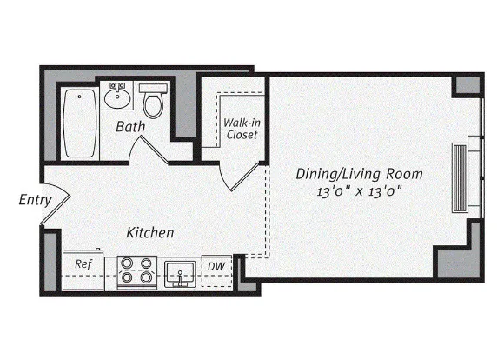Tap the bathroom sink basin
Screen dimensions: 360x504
click(x=116, y=98)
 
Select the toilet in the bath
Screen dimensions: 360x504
click(x=154, y=103)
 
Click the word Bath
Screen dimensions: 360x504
click(x=130, y=128)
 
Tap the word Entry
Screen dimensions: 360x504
click(x=35, y=201)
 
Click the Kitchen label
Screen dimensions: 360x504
click(x=150, y=233)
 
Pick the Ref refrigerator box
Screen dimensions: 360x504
click(x=83, y=266)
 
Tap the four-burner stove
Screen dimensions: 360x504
click(x=136, y=270)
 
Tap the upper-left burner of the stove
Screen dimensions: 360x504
click(x=127, y=262)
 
